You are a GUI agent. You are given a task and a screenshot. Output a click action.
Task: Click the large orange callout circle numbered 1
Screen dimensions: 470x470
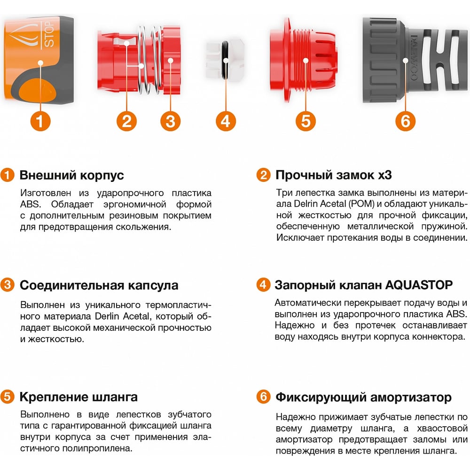[40, 121]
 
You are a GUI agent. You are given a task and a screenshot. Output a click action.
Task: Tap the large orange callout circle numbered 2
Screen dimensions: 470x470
[126, 121]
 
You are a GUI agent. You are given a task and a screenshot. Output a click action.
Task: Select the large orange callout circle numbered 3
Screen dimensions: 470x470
[170, 121]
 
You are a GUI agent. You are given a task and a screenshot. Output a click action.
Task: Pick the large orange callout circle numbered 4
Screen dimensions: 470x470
[226, 121]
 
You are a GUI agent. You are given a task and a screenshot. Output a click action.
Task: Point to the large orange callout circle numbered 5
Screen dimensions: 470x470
[305, 121]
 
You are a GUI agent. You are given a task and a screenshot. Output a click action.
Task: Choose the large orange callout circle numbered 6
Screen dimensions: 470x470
[405, 121]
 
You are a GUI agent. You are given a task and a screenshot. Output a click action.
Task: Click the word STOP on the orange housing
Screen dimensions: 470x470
[49, 35]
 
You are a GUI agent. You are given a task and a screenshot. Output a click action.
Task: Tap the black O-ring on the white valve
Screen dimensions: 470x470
[225, 60]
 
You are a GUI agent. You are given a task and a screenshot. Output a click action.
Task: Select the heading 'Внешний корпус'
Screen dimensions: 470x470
[71, 175]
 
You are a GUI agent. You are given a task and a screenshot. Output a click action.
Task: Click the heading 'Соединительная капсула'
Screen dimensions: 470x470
[99, 285]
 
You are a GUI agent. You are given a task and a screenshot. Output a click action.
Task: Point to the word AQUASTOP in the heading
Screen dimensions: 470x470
[419, 285]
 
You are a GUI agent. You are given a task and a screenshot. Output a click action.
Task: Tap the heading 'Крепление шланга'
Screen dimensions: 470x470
[78, 397]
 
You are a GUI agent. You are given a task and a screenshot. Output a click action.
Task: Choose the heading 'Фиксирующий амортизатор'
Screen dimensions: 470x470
[364, 397]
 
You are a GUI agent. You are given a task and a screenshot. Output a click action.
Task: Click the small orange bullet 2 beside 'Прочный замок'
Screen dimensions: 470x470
[263, 175]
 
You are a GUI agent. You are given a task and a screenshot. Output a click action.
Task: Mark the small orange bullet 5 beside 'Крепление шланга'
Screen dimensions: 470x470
[7, 397]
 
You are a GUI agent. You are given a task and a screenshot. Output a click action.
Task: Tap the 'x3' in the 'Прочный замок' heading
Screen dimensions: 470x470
[385, 175]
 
